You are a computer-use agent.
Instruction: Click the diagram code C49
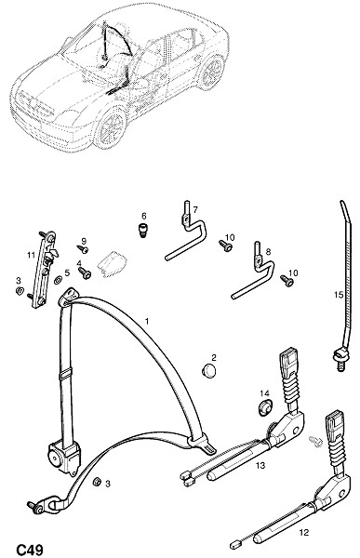[31, 550]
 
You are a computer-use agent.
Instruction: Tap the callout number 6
[143, 216]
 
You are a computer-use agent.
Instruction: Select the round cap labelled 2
[208, 370]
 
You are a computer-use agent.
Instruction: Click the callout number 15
[339, 295]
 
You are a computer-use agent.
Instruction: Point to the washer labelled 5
[58, 280]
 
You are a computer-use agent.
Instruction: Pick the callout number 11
[31, 254]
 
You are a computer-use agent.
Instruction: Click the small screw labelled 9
[83, 249]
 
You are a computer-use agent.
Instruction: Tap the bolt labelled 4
[85, 273]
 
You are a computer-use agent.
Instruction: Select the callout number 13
[260, 465]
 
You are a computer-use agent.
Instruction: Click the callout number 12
[304, 532]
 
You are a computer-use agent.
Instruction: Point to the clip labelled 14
[264, 408]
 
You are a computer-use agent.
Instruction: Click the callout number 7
[195, 210]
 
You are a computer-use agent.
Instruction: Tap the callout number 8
[268, 252]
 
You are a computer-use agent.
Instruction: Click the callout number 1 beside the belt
[147, 322]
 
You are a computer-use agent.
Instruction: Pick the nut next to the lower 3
[97, 482]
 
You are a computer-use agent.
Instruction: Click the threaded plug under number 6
[142, 230]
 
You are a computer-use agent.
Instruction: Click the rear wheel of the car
[212, 73]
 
